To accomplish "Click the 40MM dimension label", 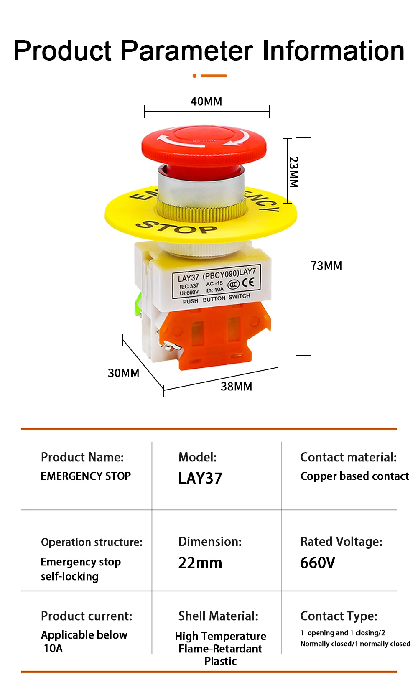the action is tap(206, 101).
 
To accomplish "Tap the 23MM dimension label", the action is tap(294, 172).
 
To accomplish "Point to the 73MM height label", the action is tap(326, 265).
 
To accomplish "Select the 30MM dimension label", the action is tap(124, 373).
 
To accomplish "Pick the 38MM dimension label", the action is tap(236, 386).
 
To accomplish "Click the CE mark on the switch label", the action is tap(248, 283).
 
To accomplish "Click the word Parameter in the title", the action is tap(187, 51).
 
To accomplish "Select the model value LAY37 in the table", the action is tap(200, 478).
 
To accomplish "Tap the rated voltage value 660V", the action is tap(318, 563).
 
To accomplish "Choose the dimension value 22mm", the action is tap(200, 563).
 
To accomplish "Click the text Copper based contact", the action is tap(355, 476).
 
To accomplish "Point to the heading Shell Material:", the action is tap(218, 616).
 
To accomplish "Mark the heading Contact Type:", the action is tap(339, 616).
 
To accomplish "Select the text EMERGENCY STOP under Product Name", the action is tap(86, 476).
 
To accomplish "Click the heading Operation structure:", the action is tap(92, 542).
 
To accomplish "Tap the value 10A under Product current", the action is tap(53, 648).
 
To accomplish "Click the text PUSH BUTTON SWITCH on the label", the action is tap(217, 298).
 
